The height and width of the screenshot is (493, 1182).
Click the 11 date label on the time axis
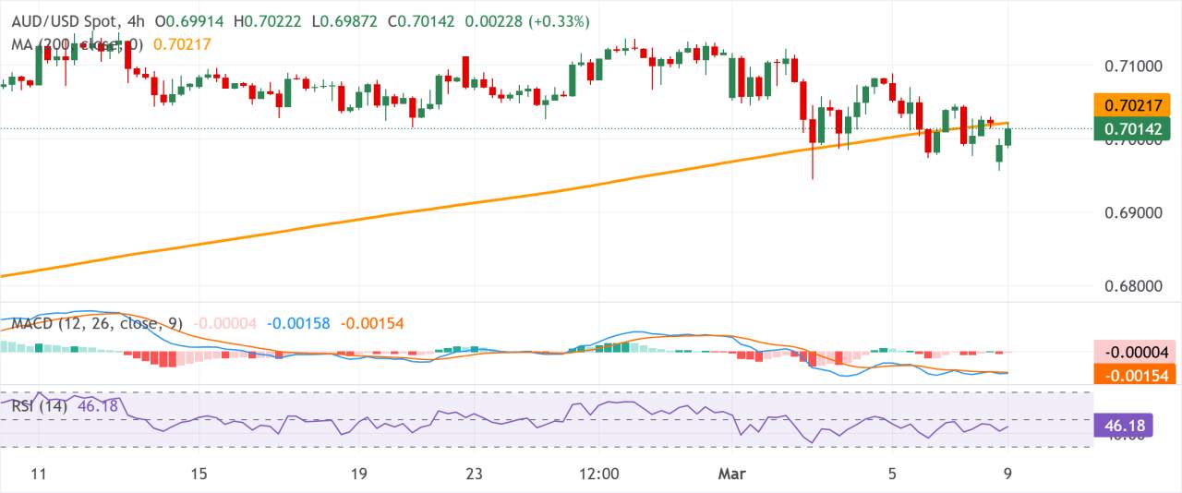[38, 475]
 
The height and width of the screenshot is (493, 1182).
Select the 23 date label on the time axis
[474, 475]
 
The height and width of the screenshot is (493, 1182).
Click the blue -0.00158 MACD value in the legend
[300, 323]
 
